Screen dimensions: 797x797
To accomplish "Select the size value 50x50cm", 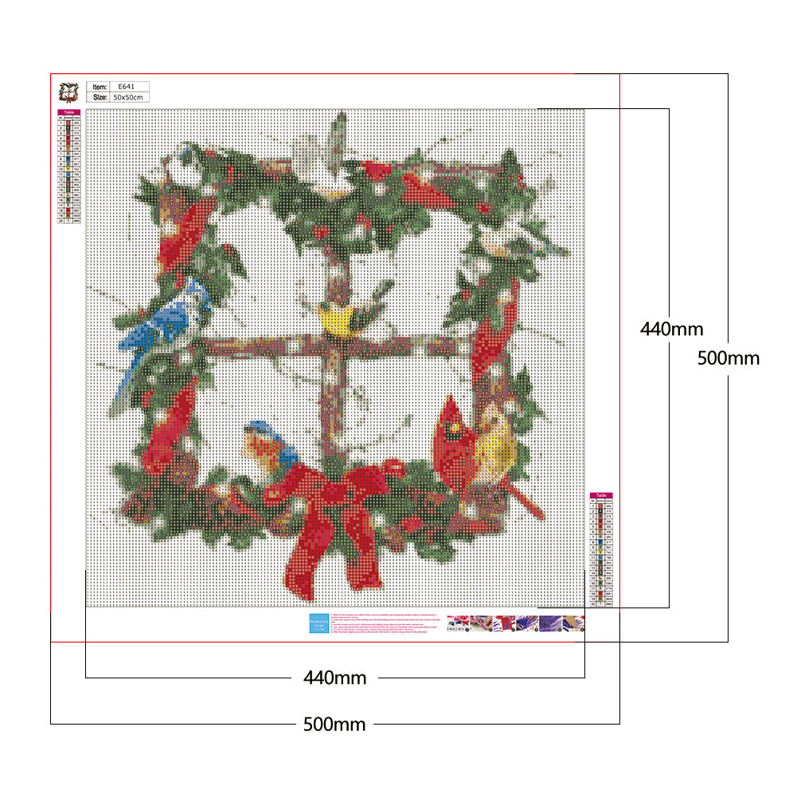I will (129, 97).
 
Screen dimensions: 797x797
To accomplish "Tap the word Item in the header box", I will (100, 86).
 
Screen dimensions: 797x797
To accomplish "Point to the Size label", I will (100, 97).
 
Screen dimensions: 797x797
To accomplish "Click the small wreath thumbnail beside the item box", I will (70, 92).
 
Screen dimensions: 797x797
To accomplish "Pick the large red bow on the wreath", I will (326, 518).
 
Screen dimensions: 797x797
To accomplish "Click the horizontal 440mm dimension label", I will (334, 678).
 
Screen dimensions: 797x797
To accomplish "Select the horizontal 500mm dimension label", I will (334, 725).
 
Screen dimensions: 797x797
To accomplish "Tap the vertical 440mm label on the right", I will (671, 329).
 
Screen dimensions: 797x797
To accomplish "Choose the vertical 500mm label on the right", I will (728, 358).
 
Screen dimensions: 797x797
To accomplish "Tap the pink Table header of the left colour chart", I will (68, 113).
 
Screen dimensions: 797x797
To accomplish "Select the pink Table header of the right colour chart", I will (603, 494).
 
